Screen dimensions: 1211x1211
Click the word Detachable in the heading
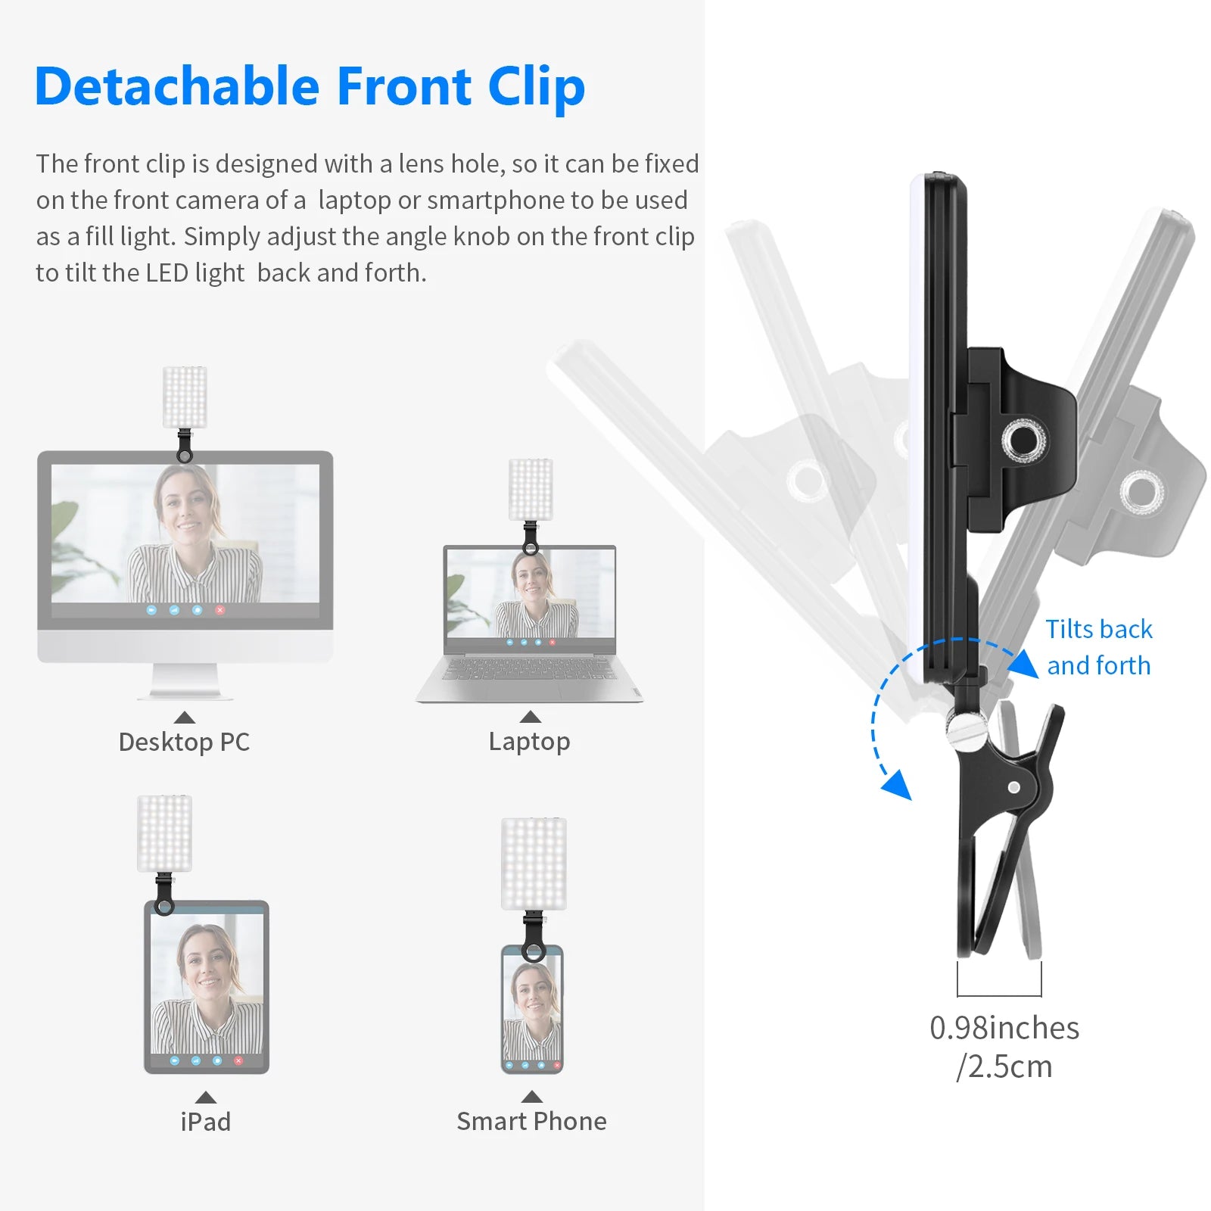point(177,86)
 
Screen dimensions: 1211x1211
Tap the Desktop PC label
point(184,742)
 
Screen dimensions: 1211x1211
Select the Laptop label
point(529,742)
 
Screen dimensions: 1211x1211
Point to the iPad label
point(206,1121)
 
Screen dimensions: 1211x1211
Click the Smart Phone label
point(531,1121)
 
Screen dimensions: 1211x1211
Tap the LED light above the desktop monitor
point(185,397)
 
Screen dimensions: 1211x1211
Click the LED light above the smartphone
point(534,864)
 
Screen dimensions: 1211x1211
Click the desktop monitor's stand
point(184,681)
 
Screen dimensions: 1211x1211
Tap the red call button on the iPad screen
point(238,1061)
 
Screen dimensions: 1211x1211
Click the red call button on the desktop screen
point(220,609)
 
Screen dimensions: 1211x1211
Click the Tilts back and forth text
point(1099,647)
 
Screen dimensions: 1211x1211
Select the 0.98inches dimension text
point(1004,1028)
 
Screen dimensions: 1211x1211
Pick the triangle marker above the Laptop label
point(531,717)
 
